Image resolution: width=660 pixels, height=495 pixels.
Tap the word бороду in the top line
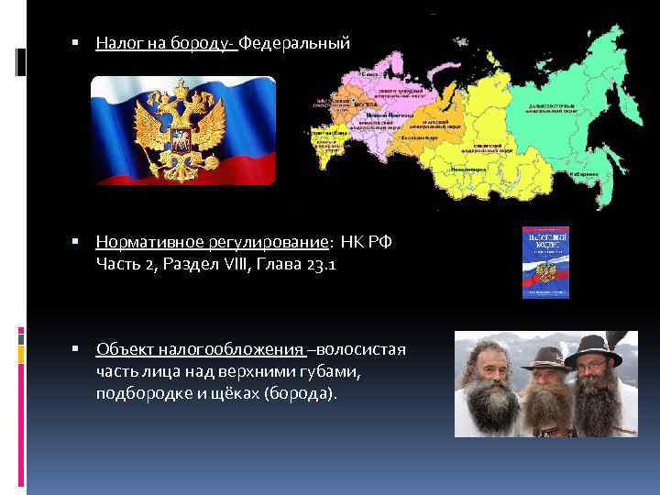pos(206,44)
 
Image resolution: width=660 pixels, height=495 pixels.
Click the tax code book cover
pos(545,262)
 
